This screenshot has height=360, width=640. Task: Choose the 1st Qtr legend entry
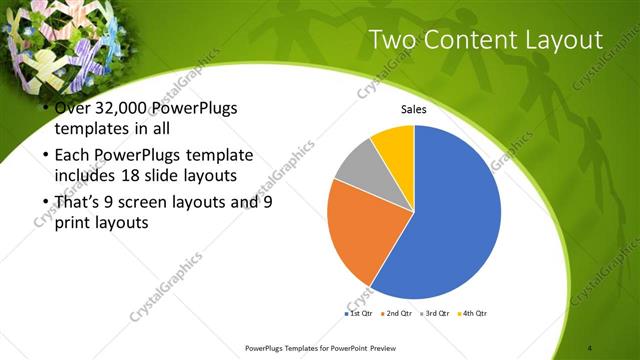pyautogui.click(x=356, y=314)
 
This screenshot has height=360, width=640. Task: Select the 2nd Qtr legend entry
pyautogui.click(x=396, y=314)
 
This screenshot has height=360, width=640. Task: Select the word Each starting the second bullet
pyautogui.click(x=69, y=156)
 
